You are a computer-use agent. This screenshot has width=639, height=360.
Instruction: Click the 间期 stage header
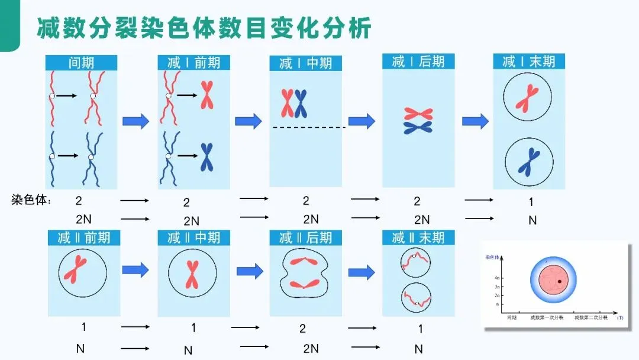click(x=82, y=63)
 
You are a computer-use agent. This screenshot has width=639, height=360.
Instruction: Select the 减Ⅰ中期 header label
click(x=305, y=63)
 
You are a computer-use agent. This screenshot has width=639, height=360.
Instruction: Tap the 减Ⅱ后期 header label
click(x=305, y=237)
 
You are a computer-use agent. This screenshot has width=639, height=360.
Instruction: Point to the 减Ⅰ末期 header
click(x=529, y=61)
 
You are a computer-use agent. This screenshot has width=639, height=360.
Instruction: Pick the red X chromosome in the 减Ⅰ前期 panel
click(x=207, y=95)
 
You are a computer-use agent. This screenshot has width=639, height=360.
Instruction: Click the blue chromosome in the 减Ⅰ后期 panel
click(x=418, y=127)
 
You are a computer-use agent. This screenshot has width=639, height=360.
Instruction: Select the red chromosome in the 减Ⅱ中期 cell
click(x=192, y=274)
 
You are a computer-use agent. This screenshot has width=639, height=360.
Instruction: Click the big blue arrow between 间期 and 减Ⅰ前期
click(x=135, y=121)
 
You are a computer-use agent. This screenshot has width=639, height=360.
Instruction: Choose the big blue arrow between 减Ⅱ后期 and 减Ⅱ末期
click(x=362, y=272)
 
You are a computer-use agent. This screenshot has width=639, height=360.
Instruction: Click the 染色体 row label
click(x=31, y=200)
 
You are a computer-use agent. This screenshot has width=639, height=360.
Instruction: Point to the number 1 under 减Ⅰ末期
click(x=531, y=202)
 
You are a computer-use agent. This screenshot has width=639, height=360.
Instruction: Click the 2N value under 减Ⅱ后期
click(x=311, y=348)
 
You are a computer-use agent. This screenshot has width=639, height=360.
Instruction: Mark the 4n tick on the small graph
click(x=498, y=277)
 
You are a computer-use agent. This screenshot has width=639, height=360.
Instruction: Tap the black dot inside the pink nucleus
click(x=559, y=281)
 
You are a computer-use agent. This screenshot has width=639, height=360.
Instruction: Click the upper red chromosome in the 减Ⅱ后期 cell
click(x=306, y=261)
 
